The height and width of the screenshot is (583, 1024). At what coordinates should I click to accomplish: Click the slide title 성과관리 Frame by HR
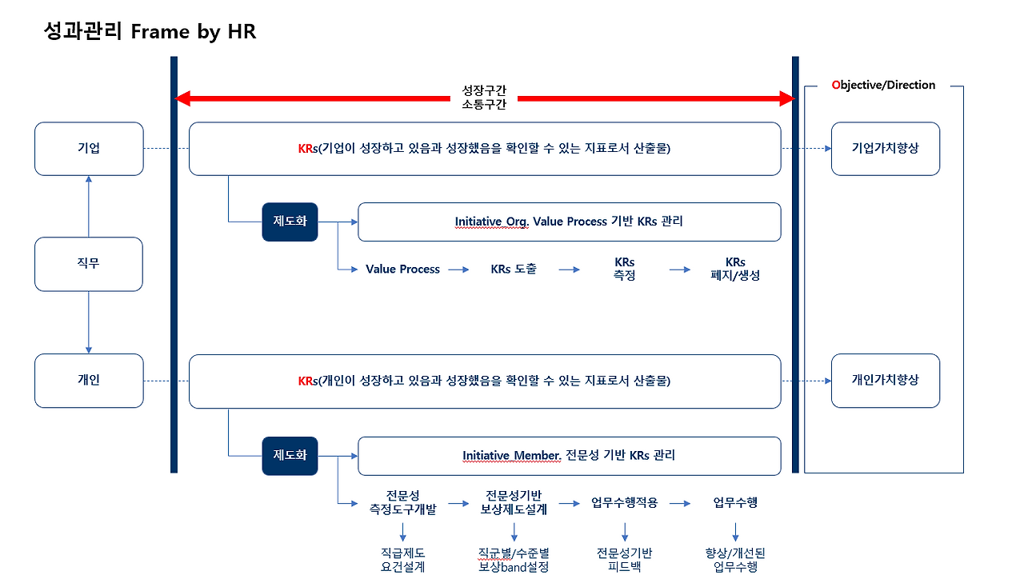(x=150, y=32)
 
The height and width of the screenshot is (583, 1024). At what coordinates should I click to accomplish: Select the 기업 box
(x=89, y=149)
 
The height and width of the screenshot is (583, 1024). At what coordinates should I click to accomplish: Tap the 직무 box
(x=89, y=264)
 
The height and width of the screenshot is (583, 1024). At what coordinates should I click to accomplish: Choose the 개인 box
(x=89, y=381)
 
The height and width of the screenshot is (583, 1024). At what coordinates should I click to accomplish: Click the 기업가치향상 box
(x=885, y=149)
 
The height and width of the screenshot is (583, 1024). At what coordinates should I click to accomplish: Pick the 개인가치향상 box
(x=885, y=381)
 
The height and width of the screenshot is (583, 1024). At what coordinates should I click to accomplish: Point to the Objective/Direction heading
(x=883, y=85)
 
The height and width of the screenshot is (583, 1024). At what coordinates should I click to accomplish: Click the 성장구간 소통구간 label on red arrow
(x=484, y=98)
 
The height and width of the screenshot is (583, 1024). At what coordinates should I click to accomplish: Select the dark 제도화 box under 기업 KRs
(x=290, y=222)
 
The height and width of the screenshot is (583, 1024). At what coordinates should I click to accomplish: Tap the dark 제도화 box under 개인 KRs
(x=290, y=455)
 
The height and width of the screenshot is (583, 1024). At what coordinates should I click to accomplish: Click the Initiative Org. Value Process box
(x=569, y=222)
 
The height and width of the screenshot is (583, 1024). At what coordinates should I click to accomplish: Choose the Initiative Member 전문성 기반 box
(x=569, y=456)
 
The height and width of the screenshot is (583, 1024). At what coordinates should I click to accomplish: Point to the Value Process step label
(x=402, y=270)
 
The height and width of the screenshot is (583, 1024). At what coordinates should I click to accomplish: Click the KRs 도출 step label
(x=514, y=270)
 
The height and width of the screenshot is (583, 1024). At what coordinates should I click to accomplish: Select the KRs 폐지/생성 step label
(x=735, y=269)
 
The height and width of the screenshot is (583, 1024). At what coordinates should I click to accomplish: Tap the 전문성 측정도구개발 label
(x=402, y=502)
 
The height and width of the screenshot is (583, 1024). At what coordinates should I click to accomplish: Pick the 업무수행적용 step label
(x=624, y=503)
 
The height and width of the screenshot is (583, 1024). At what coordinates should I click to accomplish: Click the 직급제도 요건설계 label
(x=402, y=560)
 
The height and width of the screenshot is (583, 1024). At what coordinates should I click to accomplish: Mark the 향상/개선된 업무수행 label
(x=735, y=560)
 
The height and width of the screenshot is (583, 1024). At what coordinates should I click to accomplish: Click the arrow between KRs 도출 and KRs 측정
(x=569, y=270)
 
